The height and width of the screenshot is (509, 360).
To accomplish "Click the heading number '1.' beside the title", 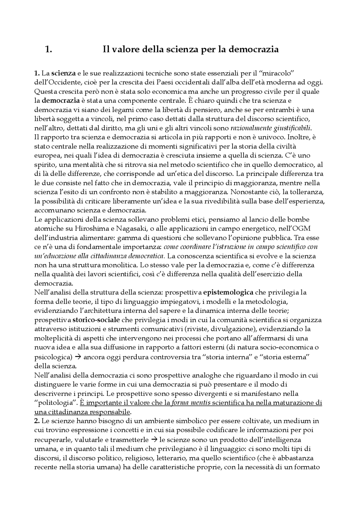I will pyautogui.click(x=48, y=49).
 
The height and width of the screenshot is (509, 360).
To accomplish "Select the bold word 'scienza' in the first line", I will pyautogui.click(x=63, y=74).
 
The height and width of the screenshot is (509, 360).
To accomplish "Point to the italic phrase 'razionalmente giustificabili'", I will pyautogui.click(x=271, y=128).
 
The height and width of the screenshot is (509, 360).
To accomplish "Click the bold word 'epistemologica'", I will pyautogui.click(x=228, y=292).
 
